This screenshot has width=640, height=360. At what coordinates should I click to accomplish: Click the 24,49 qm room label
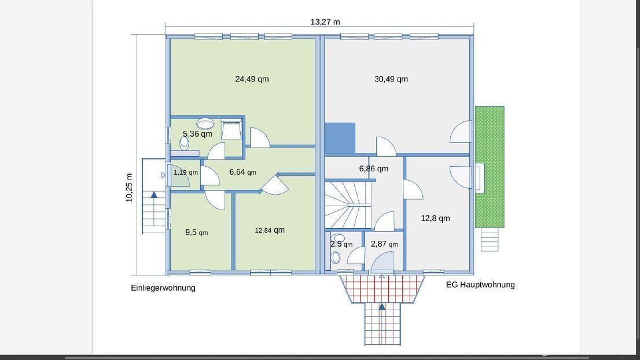(252, 79)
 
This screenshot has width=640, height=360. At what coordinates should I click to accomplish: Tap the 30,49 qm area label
(391, 79)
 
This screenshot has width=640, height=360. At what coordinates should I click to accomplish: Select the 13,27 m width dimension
(325, 21)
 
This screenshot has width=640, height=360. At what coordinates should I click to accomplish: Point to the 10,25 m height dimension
(129, 188)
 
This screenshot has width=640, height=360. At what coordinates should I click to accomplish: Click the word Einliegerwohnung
(163, 288)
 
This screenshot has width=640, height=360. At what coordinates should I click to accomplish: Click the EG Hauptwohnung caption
(480, 285)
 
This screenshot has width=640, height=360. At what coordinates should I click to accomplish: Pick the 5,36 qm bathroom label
(197, 134)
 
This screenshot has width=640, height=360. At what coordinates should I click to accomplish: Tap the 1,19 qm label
(186, 172)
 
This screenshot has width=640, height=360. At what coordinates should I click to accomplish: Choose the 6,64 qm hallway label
(243, 172)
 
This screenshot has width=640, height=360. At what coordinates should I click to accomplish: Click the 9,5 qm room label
(197, 232)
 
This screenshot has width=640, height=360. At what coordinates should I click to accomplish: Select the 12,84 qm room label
(270, 230)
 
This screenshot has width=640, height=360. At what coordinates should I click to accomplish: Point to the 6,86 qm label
(373, 168)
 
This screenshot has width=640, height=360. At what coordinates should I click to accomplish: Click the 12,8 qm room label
(435, 218)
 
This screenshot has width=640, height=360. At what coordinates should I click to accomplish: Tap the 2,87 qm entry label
(384, 244)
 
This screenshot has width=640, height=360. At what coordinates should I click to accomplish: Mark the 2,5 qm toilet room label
(341, 244)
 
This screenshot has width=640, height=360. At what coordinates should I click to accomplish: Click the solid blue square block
(340, 138)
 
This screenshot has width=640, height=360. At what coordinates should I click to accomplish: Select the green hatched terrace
(490, 167)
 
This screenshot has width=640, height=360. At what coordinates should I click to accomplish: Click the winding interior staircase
(348, 205)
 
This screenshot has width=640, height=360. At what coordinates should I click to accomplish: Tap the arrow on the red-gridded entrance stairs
(382, 307)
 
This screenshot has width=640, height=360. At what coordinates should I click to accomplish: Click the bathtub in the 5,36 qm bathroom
(231, 128)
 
